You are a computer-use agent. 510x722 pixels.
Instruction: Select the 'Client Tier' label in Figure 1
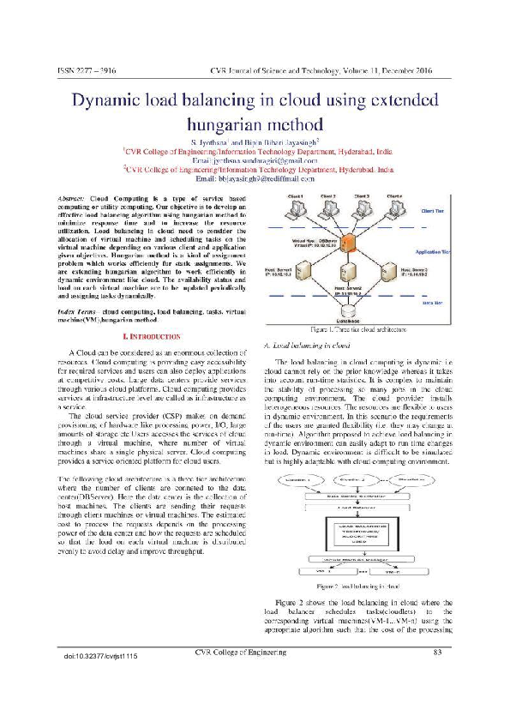pos(432,208)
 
